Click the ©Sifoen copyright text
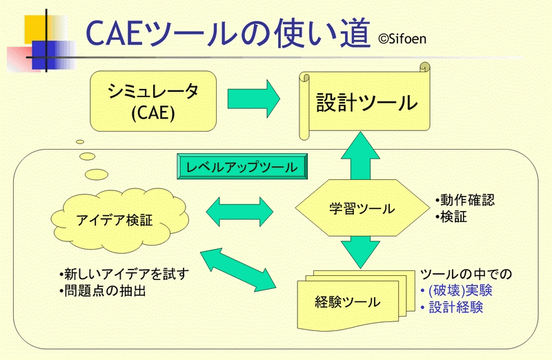[402, 39]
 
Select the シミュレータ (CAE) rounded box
[153, 101]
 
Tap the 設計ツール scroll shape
[365, 101]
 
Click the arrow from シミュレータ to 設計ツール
[254, 99]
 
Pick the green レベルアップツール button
[242, 166]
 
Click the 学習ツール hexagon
[362, 208]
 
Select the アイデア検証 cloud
[119, 220]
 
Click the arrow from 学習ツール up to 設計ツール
[360, 156]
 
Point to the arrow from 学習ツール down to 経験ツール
[360, 252]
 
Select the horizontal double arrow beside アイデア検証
[239, 212]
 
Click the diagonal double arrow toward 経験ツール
[238, 270]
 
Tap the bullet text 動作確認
[464, 200]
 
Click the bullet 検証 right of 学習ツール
[451, 217]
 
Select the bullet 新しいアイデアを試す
[124, 274]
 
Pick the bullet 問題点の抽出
[102, 290]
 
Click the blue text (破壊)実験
[457, 290]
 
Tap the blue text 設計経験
[452, 307]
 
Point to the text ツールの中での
[466, 274]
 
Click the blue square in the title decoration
[44, 55]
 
